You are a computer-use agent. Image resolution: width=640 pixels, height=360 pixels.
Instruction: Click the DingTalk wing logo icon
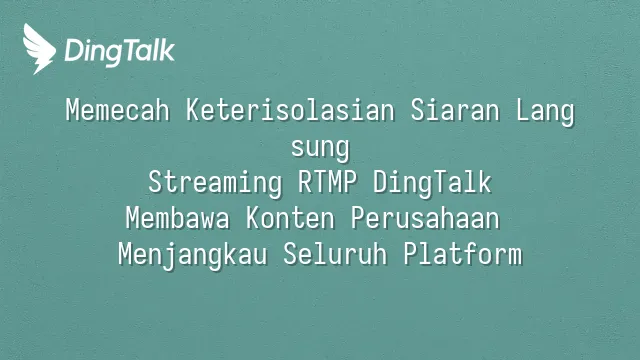tap(38, 49)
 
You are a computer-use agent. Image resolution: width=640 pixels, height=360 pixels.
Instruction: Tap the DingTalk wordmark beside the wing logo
tap(120, 51)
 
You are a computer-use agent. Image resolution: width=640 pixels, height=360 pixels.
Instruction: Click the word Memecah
tap(118, 110)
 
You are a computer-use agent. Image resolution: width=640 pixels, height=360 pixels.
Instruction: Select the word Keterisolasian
tap(290, 110)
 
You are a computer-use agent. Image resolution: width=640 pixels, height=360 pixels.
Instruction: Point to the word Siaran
tap(455, 110)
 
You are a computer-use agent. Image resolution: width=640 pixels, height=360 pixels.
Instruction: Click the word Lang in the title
tap(545, 112)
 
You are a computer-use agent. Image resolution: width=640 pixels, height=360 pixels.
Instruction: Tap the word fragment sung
tap(320, 149)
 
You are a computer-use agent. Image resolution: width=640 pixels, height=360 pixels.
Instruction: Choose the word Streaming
tap(215, 183)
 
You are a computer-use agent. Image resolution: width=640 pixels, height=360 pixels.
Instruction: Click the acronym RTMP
tap(327, 182)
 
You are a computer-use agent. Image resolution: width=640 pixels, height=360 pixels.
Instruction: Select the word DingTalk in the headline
tap(432, 183)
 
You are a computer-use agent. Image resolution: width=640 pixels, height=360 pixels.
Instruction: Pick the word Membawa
tap(178, 218)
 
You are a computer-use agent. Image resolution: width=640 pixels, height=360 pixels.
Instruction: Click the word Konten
tap(290, 218)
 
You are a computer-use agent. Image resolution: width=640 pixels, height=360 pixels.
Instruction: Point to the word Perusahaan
tap(425, 218)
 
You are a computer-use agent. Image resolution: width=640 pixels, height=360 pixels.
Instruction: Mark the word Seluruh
tap(335, 254)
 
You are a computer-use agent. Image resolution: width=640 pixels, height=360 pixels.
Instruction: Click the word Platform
tap(463, 254)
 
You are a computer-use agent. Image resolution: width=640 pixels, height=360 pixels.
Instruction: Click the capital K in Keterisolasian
tap(193, 110)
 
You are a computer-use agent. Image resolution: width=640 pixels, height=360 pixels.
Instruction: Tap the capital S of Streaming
tap(155, 182)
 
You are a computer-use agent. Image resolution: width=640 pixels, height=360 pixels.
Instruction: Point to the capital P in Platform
tap(410, 254)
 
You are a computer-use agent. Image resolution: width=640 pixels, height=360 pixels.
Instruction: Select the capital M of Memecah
tap(72, 110)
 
